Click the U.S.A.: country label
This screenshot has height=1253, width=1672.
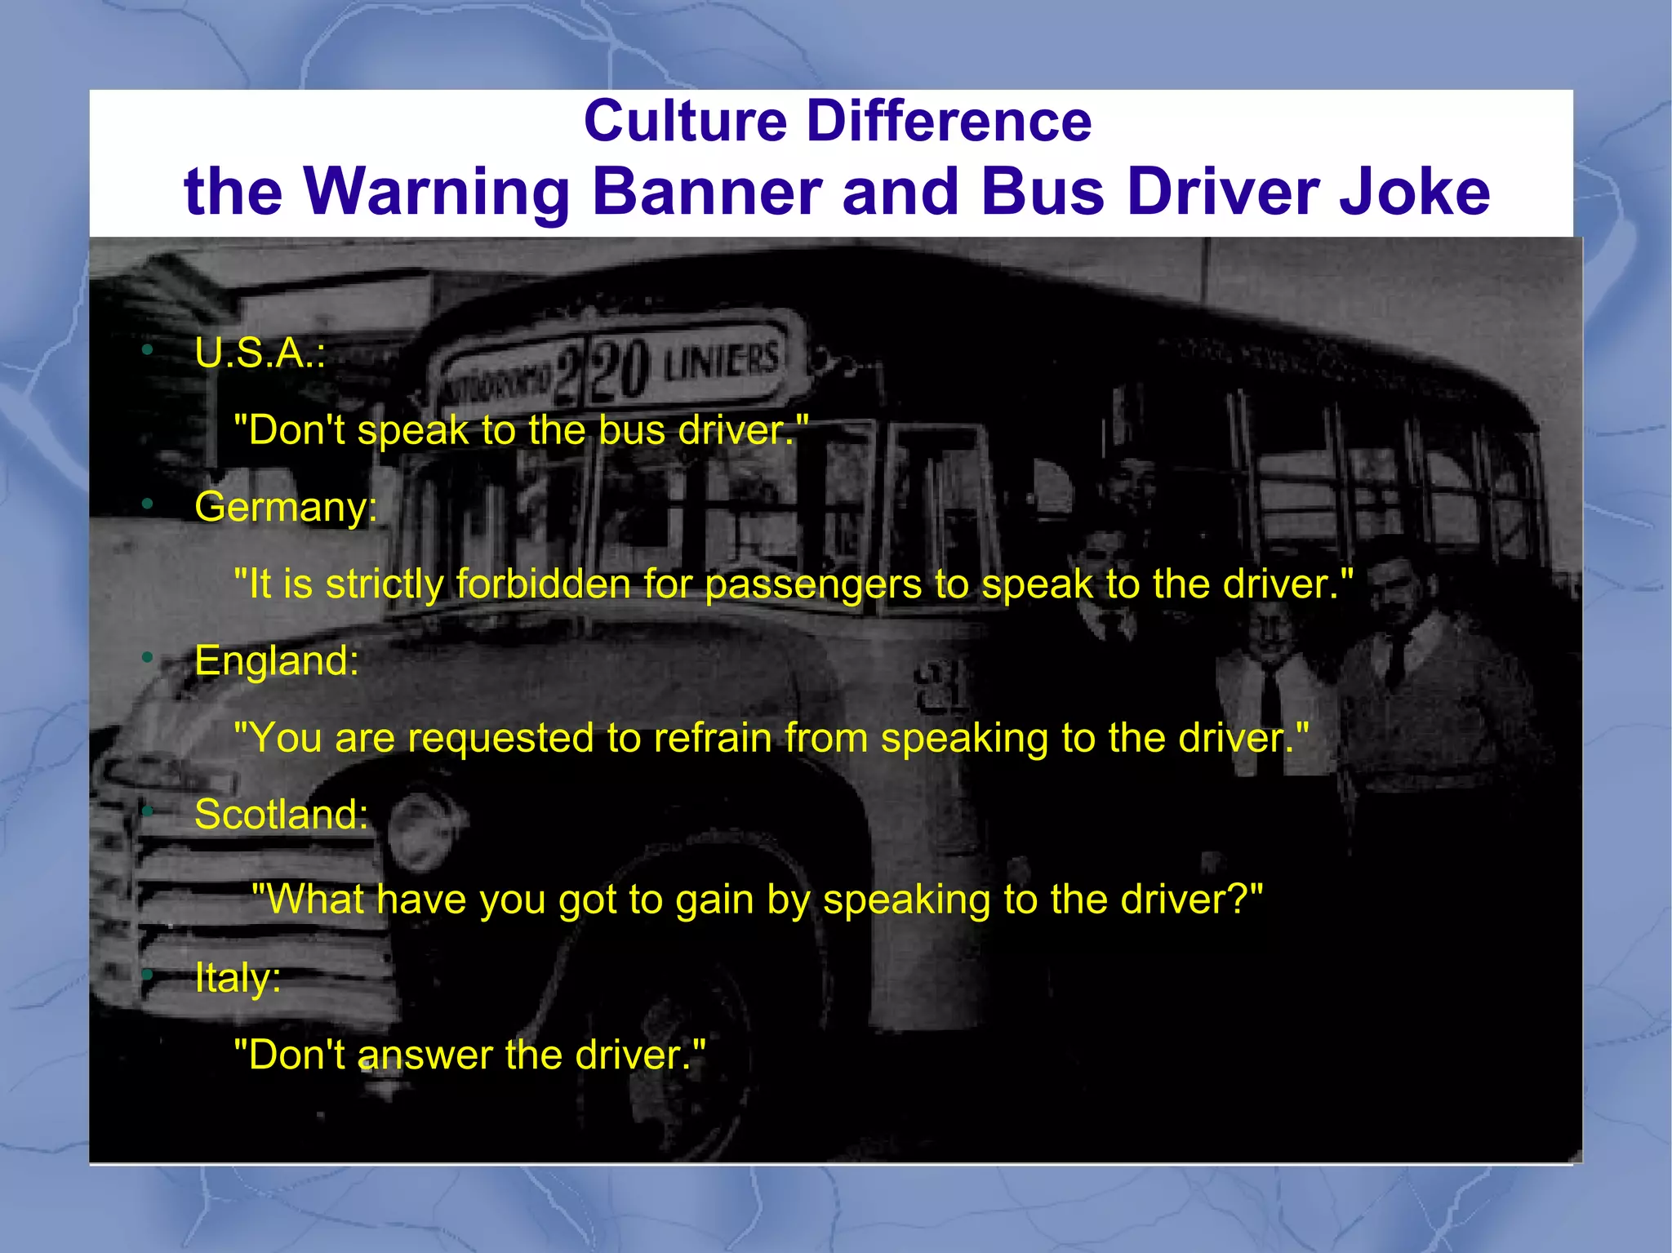[x=260, y=353]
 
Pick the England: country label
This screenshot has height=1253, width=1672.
[x=277, y=660]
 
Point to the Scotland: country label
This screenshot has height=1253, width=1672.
[x=281, y=815]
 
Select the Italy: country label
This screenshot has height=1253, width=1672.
[x=238, y=977]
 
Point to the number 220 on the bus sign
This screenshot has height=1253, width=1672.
[x=602, y=371]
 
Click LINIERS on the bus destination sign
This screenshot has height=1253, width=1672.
[x=721, y=360]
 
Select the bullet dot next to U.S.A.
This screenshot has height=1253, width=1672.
[x=147, y=350]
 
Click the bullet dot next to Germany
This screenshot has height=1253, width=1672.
[x=147, y=504]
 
